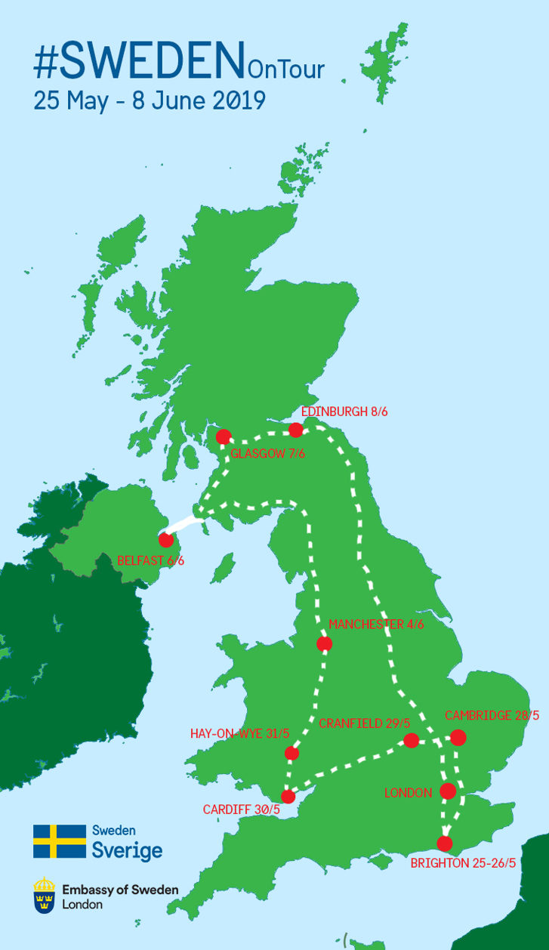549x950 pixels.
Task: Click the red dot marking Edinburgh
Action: click(x=296, y=430)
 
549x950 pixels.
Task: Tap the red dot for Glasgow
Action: click(x=224, y=437)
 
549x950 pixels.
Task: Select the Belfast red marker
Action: click(x=166, y=540)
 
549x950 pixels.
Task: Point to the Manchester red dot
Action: click(x=325, y=644)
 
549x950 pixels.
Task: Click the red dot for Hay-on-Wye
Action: click(x=292, y=753)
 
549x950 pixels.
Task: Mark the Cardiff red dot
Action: click(x=288, y=796)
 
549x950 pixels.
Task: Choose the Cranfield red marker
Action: click(x=412, y=740)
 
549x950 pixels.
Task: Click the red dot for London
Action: click(x=448, y=791)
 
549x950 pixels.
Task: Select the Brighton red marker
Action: click(x=445, y=843)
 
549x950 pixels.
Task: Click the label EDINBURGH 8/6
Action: click(x=344, y=412)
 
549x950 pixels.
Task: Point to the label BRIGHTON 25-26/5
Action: click(x=463, y=863)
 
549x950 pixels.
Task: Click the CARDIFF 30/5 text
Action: click(x=242, y=810)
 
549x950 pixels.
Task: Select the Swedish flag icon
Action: click(x=60, y=841)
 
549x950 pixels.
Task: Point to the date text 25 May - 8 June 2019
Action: click(x=150, y=100)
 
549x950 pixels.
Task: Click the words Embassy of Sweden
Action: click(x=121, y=890)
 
